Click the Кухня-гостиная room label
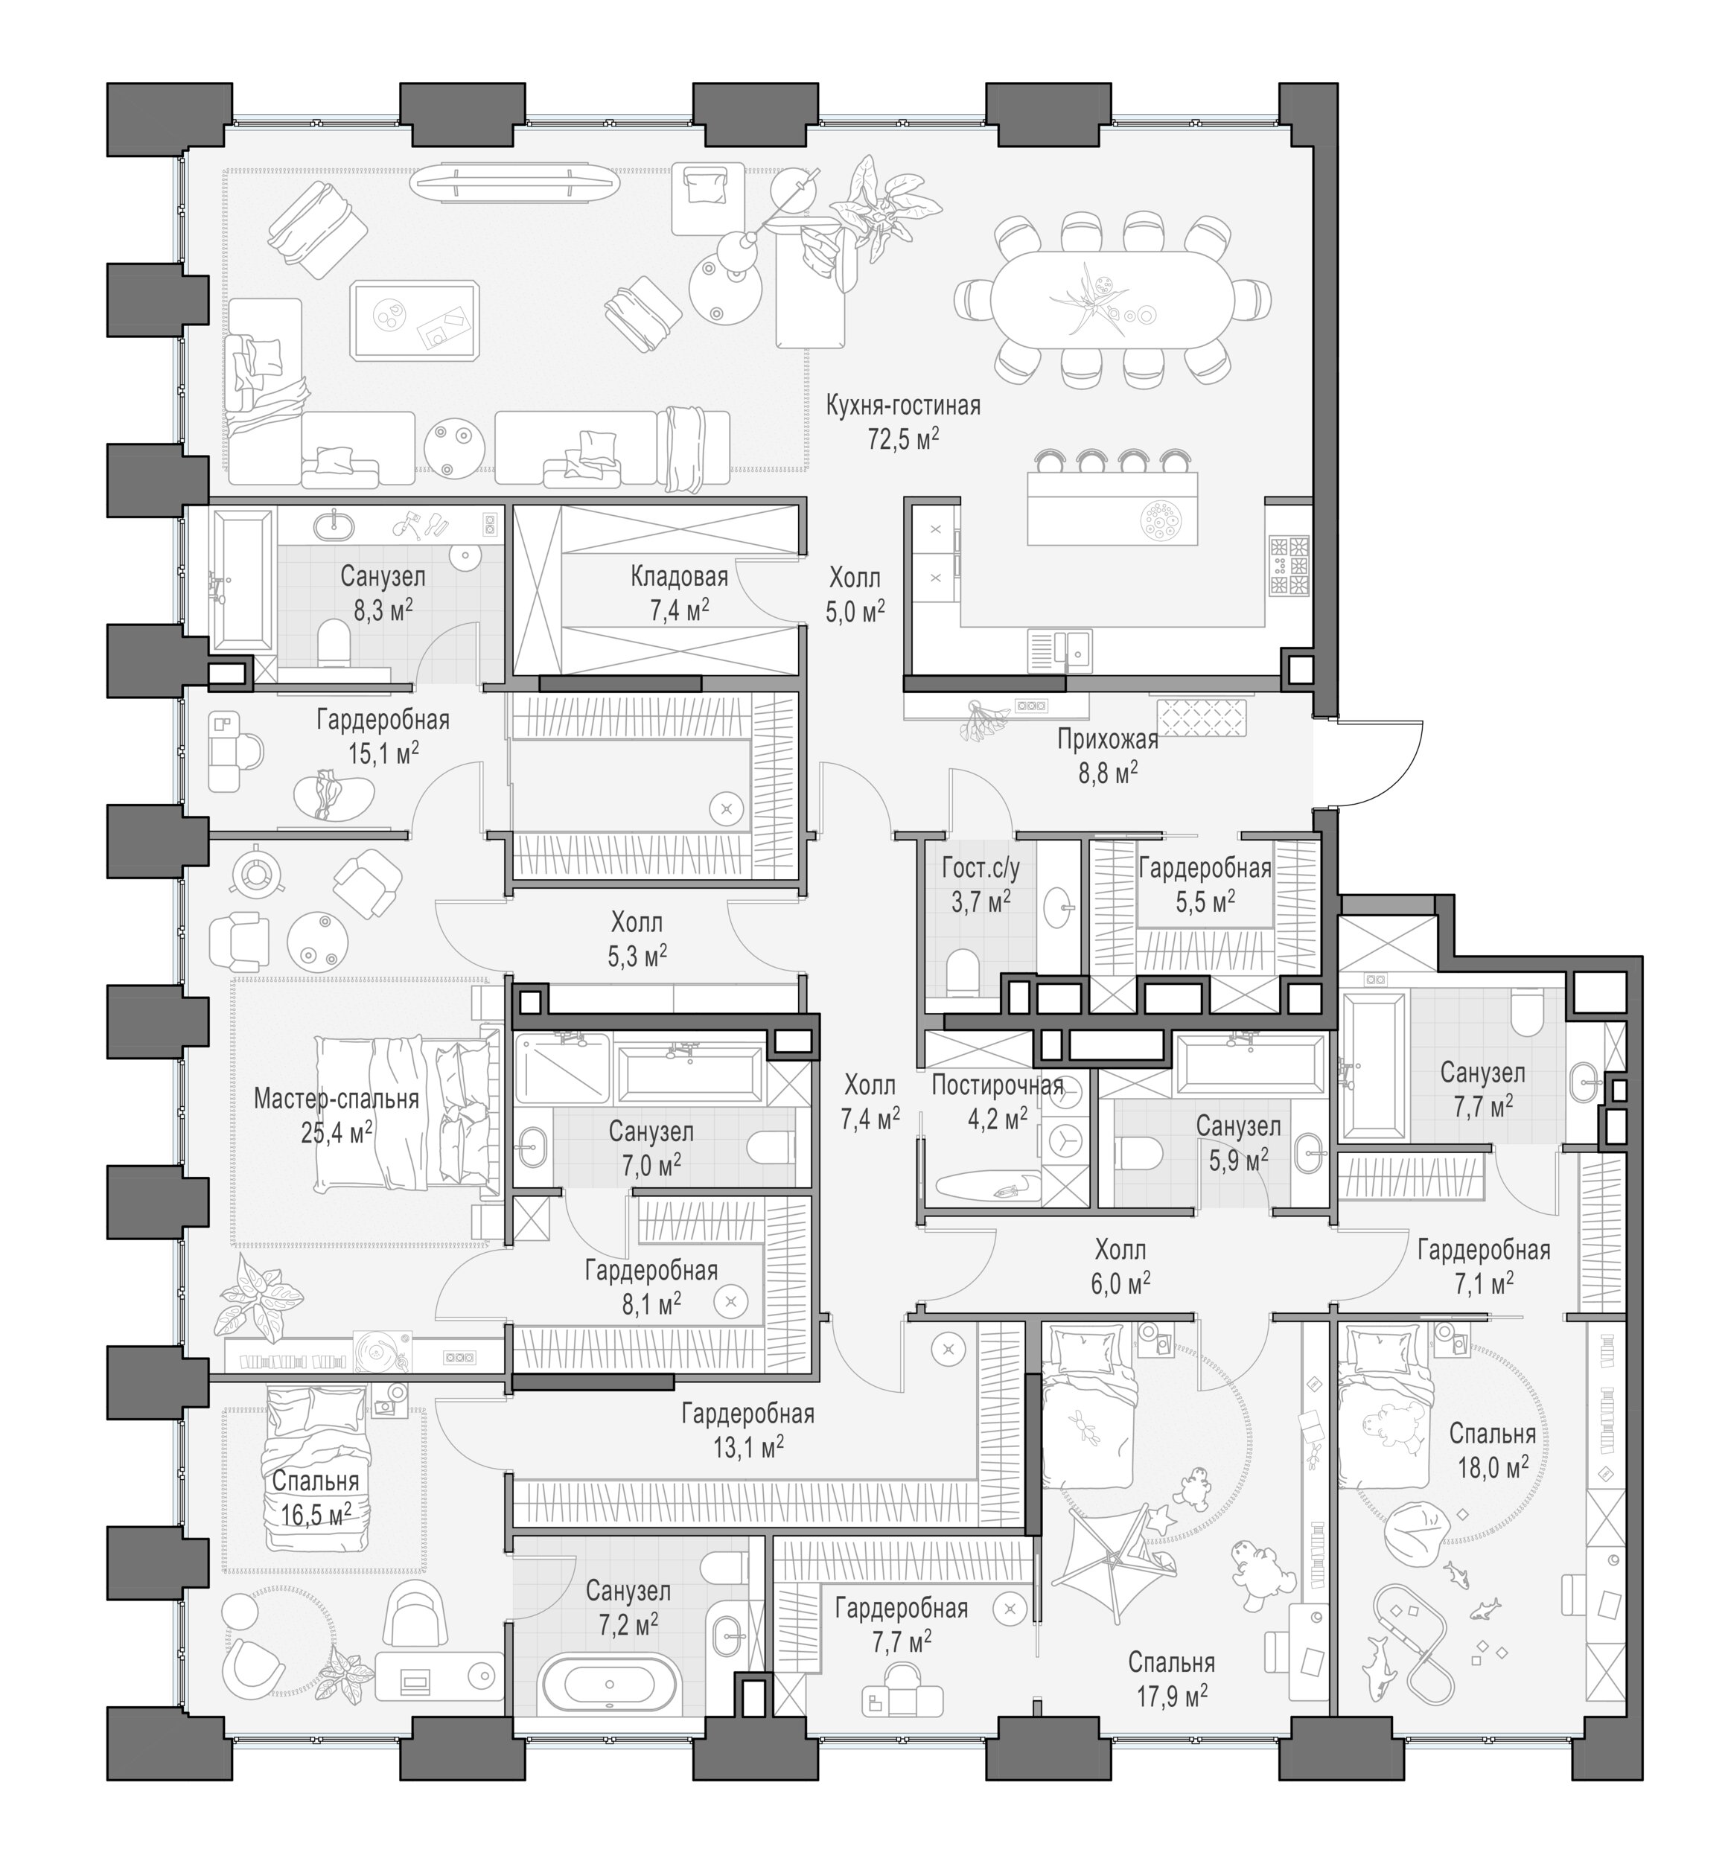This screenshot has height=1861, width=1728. coord(902,406)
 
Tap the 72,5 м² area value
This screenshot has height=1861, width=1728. coord(902,438)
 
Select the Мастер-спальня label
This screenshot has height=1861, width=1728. coord(336,1098)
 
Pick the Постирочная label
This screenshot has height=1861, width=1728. coord(997,1085)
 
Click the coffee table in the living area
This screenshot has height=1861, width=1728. coord(416,321)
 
